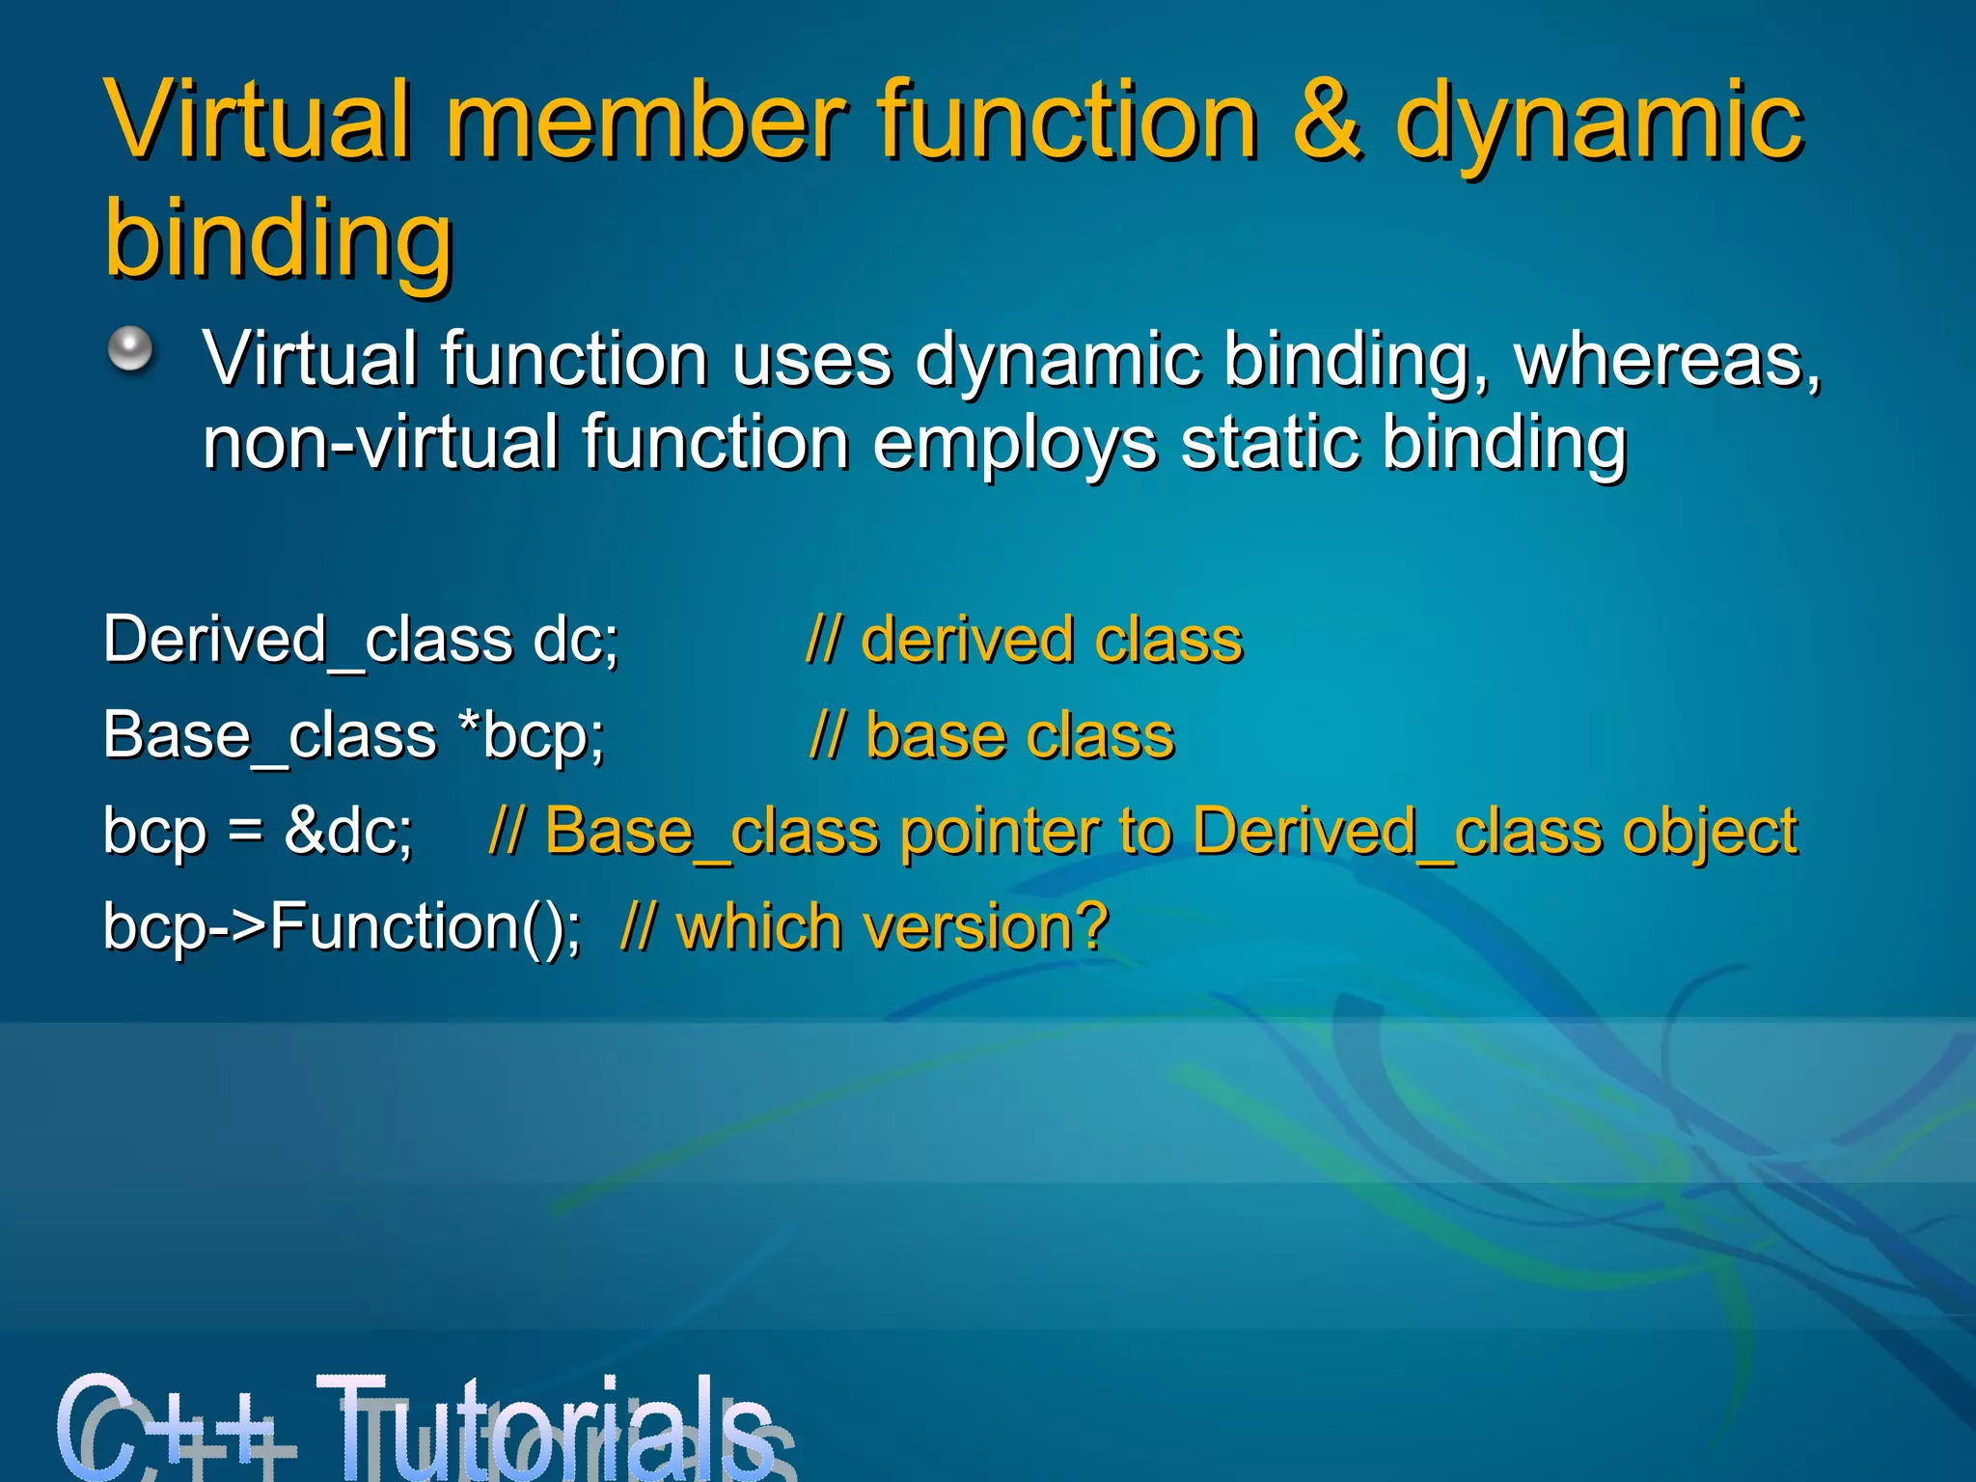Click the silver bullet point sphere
click(x=130, y=348)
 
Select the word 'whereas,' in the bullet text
click(x=1667, y=359)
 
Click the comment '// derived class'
click(x=1024, y=640)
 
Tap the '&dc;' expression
click(x=348, y=831)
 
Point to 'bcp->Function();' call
click(x=342, y=927)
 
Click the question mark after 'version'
click(x=1089, y=927)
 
